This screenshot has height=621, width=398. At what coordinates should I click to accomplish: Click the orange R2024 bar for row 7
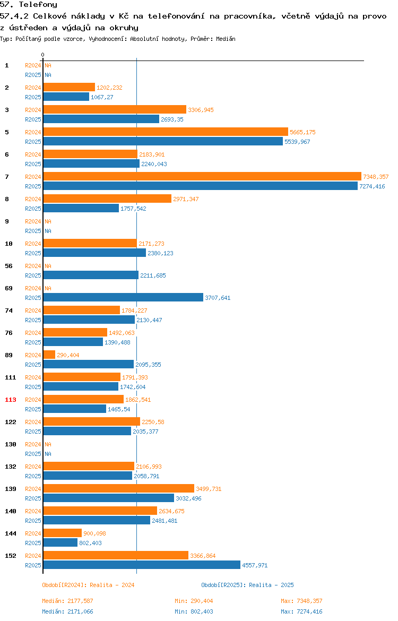click(202, 177)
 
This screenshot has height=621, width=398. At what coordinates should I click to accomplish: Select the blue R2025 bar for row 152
click(142, 565)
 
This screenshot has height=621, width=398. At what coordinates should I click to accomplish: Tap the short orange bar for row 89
click(49, 355)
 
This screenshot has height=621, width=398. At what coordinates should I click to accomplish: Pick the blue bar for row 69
click(123, 297)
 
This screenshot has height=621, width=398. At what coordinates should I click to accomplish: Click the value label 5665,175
click(302, 132)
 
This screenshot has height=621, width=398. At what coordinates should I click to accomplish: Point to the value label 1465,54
click(119, 410)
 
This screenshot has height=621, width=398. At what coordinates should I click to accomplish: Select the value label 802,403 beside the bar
click(90, 543)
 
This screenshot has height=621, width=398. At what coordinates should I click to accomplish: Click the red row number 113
click(11, 400)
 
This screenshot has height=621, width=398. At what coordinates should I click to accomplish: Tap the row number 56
click(8, 266)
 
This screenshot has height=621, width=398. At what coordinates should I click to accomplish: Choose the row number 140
click(11, 511)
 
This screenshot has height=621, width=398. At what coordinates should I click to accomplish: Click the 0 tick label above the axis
click(43, 55)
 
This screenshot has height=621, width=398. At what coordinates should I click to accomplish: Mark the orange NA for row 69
click(48, 288)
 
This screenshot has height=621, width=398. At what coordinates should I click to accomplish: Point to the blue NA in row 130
click(48, 454)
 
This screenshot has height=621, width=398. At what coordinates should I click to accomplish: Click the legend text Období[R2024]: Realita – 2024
click(88, 585)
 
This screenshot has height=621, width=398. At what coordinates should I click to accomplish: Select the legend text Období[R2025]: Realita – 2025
click(247, 585)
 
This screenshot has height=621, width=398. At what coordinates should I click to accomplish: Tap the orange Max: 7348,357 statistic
click(302, 601)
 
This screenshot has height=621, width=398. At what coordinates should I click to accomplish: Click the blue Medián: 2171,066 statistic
click(68, 611)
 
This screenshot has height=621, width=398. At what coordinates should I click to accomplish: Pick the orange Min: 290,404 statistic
click(194, 601)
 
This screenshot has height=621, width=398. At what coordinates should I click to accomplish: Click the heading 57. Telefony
click(29, 5)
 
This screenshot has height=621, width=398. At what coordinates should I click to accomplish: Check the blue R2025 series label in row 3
click(33, 119)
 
